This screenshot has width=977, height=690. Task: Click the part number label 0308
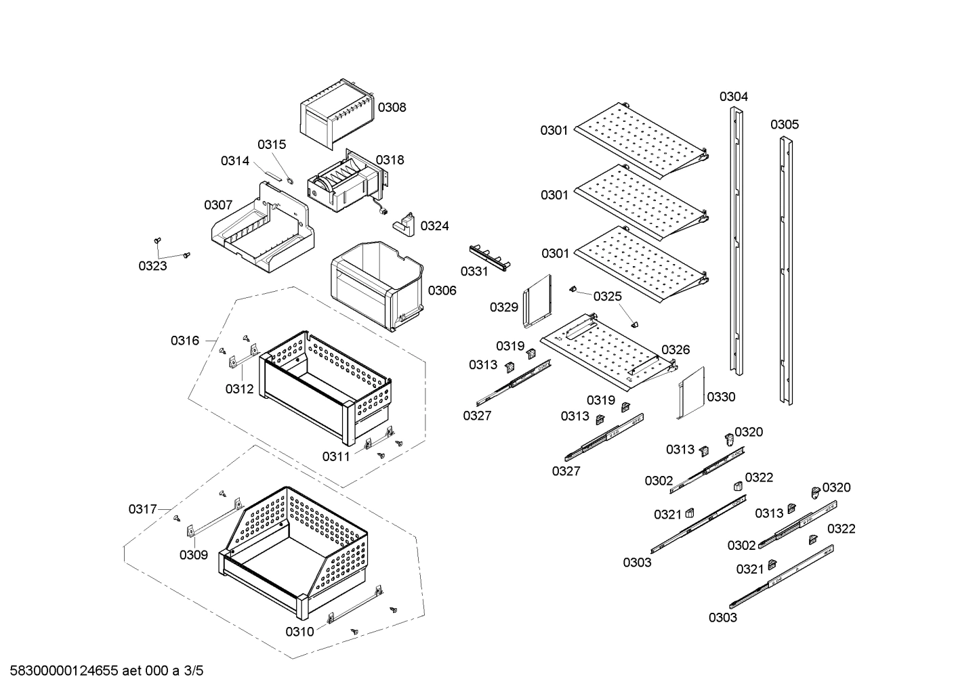(x=392, y=107)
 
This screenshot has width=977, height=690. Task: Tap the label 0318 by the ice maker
(x=390, y=160)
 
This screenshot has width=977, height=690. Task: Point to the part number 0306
(x=442, y=290)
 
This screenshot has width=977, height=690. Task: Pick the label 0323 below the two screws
(x=152, y=266)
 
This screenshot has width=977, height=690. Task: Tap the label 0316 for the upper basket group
(x=185, y=341)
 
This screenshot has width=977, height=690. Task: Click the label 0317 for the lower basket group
(x=143, y=509)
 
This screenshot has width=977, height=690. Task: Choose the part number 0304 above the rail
(x=734, y=97)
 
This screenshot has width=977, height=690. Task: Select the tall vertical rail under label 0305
(x=785, y=271)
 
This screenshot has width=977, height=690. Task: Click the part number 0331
(x=474, y=272)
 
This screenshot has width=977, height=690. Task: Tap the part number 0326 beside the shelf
(x=675, y=349)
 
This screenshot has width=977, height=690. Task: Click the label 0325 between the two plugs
(x=607, y=297)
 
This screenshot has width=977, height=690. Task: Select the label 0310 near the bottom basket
(x=299, y=632)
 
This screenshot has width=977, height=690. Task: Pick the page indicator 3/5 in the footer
(x=194, y=671)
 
